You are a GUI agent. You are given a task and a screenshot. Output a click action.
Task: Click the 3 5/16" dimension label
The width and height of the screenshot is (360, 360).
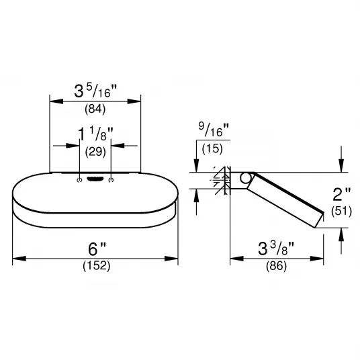point(95,91)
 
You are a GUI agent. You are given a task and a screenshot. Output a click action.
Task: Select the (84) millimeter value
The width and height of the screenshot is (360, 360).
point(95,109)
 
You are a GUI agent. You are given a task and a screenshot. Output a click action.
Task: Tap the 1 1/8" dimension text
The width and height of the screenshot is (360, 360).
point(95,134)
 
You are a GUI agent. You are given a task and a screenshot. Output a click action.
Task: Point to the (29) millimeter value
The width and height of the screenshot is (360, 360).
point(95,152)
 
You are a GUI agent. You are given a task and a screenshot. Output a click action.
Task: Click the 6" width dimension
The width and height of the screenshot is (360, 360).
point(97,249)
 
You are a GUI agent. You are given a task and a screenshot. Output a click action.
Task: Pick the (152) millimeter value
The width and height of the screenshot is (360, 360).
point(97,266)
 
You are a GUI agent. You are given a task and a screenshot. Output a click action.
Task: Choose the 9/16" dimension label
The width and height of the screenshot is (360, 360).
point(214,130)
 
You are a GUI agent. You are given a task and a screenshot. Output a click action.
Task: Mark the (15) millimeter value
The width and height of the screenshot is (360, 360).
point(212,148)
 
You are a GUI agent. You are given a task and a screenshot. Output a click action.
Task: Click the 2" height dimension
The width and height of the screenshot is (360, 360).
point(341,194)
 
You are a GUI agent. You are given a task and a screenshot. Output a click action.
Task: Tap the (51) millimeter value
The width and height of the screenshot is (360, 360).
point(341,211)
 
